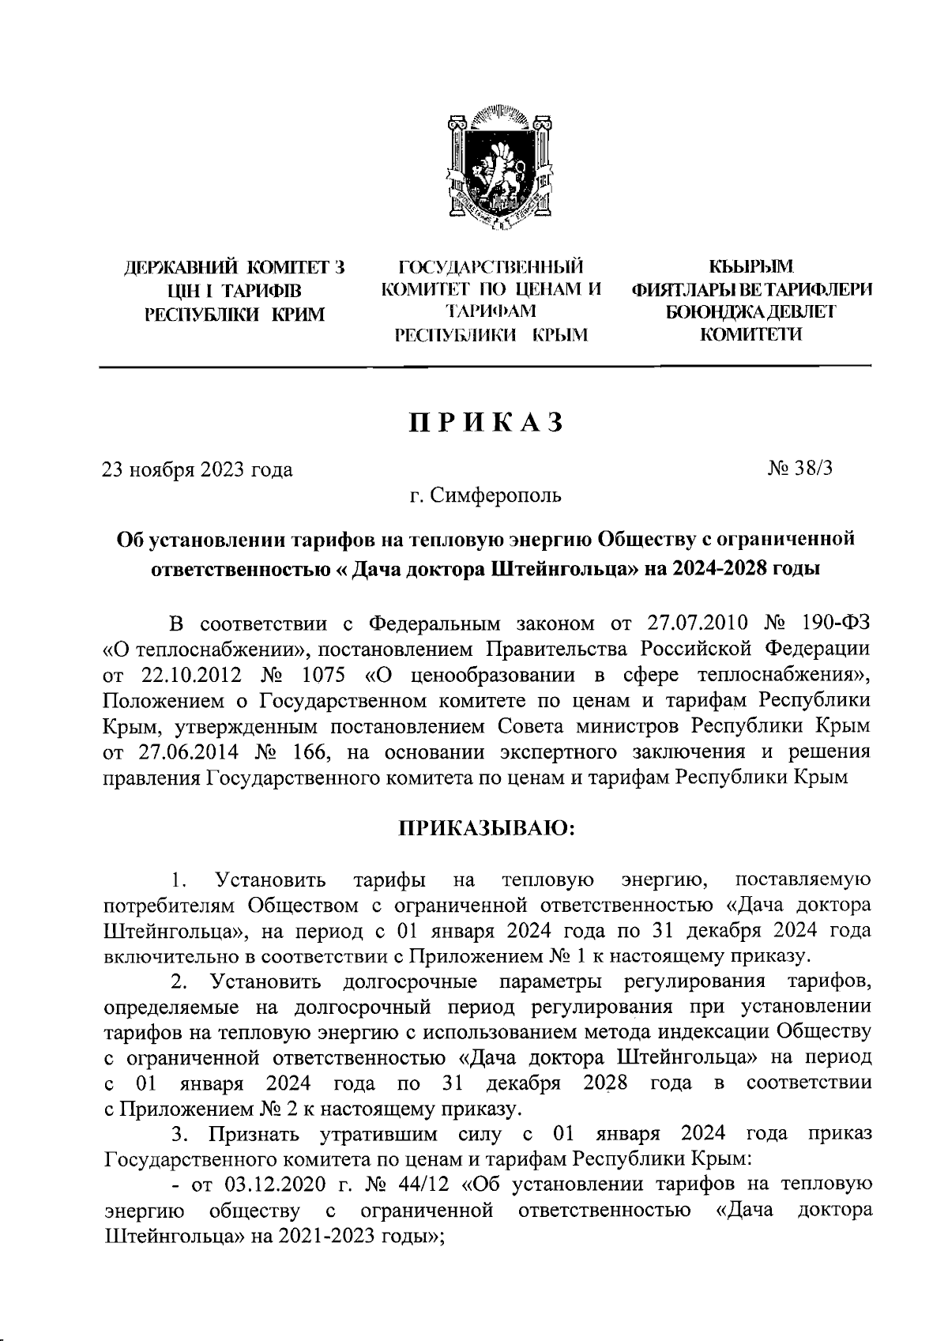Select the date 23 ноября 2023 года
click(x=197, y=469)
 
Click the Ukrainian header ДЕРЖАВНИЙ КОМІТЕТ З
click(x=235, y=268)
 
